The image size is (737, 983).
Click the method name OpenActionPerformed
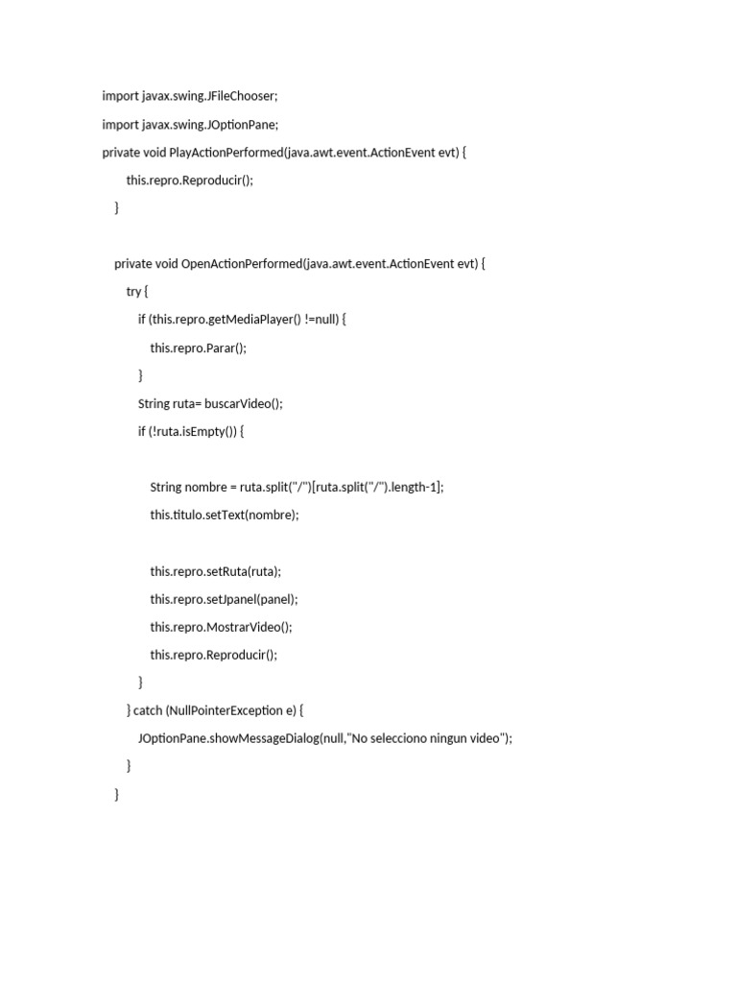pyautogui.click(x=241, y=263)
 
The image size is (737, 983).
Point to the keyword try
pyautogui.click(x=133, y=291)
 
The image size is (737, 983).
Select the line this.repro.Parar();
pyautogui.click(x=198, y=348)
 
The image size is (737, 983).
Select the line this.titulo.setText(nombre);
pyautogui.click(x=225, y=515)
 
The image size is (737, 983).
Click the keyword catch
pyautogui.click(x=148, y=710)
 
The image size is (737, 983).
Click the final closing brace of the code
pyautogui.click(x=117, y=794)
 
